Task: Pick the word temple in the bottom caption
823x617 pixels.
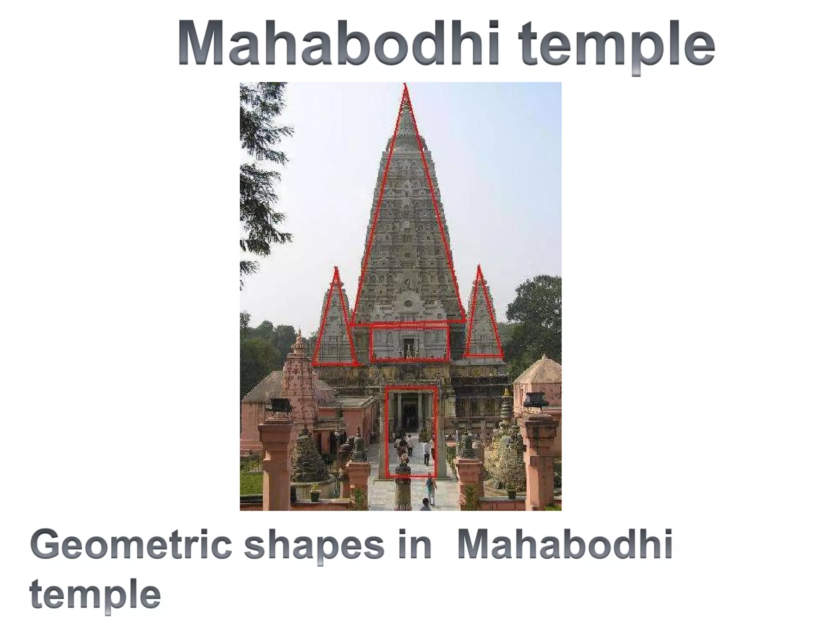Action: coord(95,594)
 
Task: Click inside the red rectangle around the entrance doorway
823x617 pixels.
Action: coord(411,432)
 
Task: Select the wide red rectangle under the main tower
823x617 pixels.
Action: coord(409,343)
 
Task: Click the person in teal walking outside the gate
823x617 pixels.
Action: coord(430,488)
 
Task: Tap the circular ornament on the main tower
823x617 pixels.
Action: coord(408,303)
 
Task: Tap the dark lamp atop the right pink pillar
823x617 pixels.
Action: coord(536,400)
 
